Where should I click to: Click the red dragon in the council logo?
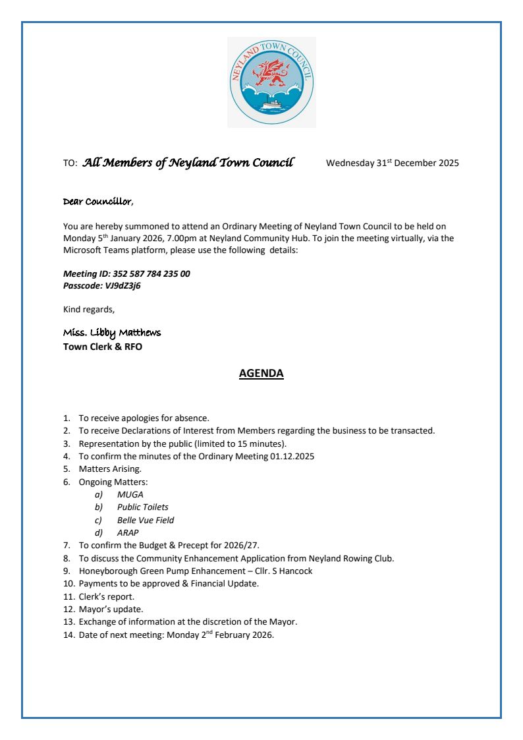[271, 73]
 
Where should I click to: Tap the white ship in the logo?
[271, 104]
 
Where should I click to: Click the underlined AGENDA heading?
[261, 374]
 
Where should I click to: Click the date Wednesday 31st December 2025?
[392, 163]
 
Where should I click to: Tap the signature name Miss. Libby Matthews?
[111, 332]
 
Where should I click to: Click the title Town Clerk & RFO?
[102, 347]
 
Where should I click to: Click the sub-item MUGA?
[130, 494]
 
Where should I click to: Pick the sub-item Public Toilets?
[142, 507]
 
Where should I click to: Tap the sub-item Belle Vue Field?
[146, 520]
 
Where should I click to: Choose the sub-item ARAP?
[128, 532]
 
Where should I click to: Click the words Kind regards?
[88, 309]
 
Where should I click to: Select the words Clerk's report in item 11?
[107, 596]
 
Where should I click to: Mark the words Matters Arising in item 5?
[110, 469]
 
